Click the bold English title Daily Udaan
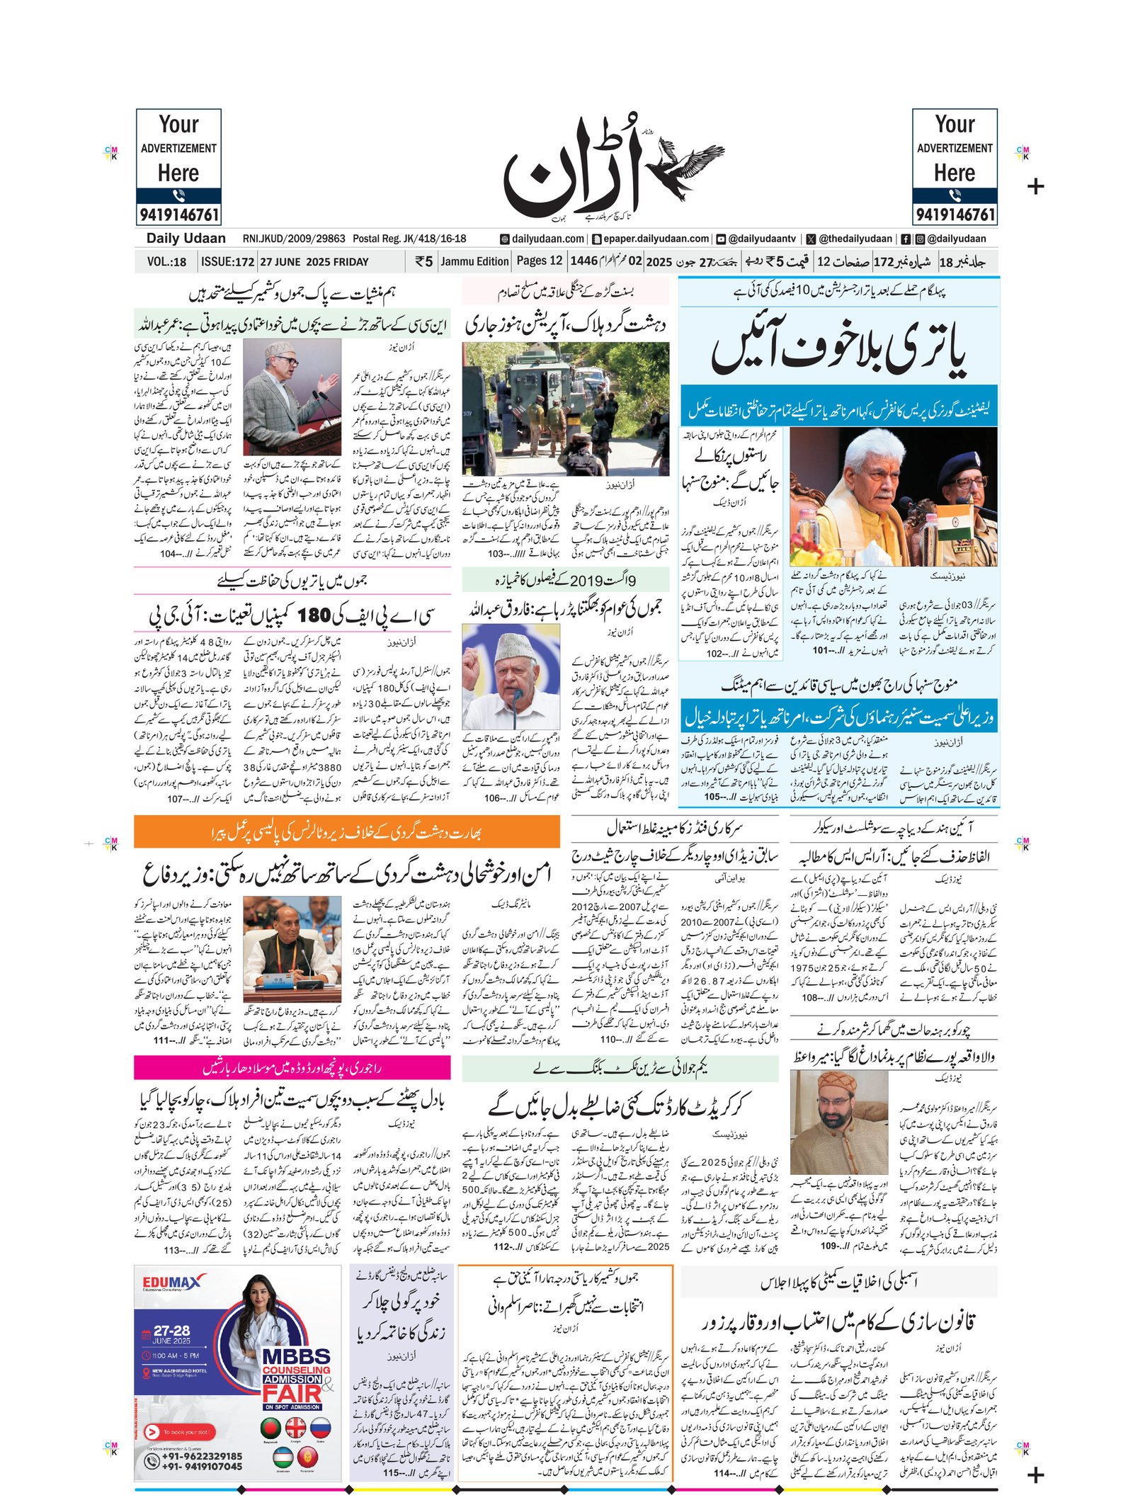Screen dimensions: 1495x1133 tap(186, 239)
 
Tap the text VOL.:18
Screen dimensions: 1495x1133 tap(166, 261)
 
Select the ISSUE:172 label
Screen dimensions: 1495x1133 tap(227, 261)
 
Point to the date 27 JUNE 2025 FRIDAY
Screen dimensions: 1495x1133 tap(314, 261)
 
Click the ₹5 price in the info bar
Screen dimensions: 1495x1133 tap(423, 261)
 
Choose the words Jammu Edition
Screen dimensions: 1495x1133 tap(474, 261)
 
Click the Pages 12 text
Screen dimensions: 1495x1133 tap(539, 261)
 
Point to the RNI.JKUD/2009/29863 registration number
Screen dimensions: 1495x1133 tap(294, 239)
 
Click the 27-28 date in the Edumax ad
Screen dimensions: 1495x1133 tap(171, 1331)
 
